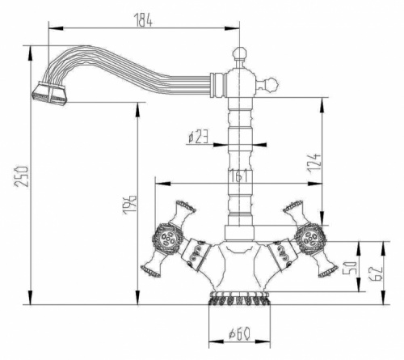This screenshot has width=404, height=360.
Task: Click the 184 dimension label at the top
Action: pyautogui.click(x=143, y=19)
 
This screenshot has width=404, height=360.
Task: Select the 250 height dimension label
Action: pyautogui.click(x=22, y=176)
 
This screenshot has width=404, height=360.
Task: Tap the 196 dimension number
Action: pyautogui.click(x=129, y=205)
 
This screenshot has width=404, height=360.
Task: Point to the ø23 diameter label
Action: pyautogui.click(x=198, y=137)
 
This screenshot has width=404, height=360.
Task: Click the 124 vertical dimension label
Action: pyautogui.click(x=314, y=163)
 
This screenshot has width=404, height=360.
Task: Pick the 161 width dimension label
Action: pyautogui.click(x=238, y=176)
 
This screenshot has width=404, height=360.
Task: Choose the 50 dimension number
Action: pyautogui.click(x=349, y=268)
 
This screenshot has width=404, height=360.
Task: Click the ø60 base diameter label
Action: pyautogui.click(x=239, y=333)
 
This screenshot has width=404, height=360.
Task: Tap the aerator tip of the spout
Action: pyautogui.click(x=49, y=93)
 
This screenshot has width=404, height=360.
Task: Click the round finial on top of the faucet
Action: pyautogui.click(x=239, y=53)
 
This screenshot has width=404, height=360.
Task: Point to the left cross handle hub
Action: pyautogui.click(x=168, y=239)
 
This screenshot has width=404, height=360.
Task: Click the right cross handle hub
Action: pyautogui.click(x=310, y=239)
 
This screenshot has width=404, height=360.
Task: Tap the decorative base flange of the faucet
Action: pyautogui.click(x=239, y=298)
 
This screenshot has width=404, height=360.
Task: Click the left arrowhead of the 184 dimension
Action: pyautogui.click(x=56, y=28)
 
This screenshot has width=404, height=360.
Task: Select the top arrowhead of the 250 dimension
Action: pyautogui.click(x=31, y=53)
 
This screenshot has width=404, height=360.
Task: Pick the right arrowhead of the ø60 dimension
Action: pyautogui.click(x=263, y=341)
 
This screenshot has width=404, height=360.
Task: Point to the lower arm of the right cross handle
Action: pyautogui.click(x=325, y=265)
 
